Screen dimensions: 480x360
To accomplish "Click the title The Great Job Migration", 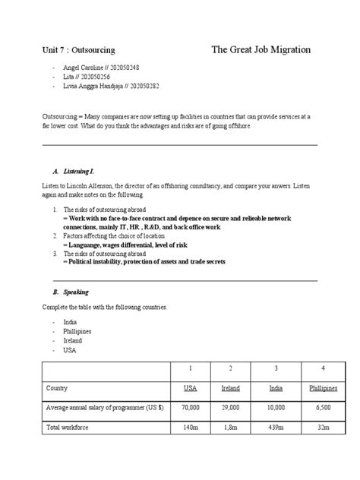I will (x=261, y=50).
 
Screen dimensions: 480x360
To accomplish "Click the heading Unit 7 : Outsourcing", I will (x=78, y=50).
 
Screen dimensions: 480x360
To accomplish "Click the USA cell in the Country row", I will (x=191, y=388).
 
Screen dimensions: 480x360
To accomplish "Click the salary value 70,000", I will (x=191, y=408).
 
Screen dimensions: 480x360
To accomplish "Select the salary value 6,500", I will (x=322, y=408).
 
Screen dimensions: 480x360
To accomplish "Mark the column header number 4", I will (x=322, y=368).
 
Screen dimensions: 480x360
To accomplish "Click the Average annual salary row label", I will (x=104, y=408).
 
